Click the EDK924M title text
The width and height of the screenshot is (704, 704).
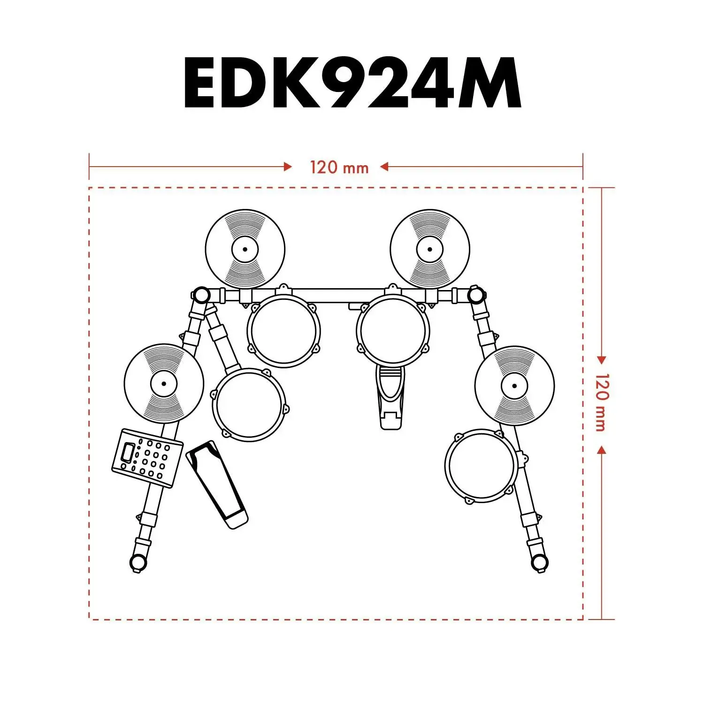pyautogui.click(x=352, y=83)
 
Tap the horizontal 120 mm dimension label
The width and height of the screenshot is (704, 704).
pyautogui.click(x=339, y=167)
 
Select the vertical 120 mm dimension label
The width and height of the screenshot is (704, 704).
pyautogui.click(x=601, y=403)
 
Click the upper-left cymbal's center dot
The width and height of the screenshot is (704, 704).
pyautogui.click(x=245, y=249)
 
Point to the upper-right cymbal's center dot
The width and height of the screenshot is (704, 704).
pyautogui.click(x=430, y=249)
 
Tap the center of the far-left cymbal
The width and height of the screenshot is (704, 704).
pyautogui.click(x=164, y=383)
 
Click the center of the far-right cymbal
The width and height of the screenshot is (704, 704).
pyautogui.click(x=514, y=386)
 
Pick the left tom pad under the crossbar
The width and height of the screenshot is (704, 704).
pyautogui.click(x=283, y=330)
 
